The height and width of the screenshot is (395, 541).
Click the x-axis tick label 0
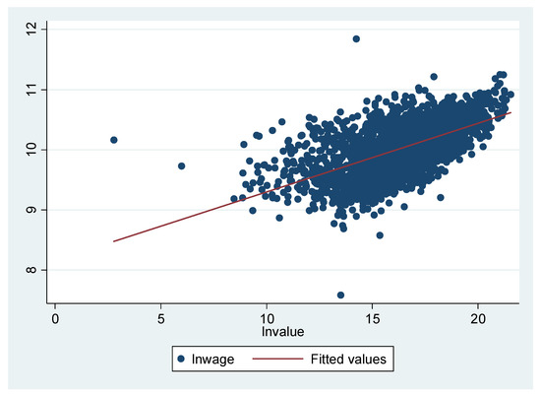[x=55, y=321]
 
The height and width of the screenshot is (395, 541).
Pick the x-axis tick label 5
[x=161, y=321]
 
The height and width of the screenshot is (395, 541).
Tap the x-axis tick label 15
[x=372, y=321]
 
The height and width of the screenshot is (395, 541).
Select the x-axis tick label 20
[x=478, y=321]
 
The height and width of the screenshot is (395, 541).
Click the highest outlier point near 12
[x=356, y=38]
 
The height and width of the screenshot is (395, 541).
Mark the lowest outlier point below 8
[x=340, y=295]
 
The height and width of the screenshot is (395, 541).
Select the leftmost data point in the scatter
[x=113, y=140]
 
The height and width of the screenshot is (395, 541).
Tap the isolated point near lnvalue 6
[x=181, y=165]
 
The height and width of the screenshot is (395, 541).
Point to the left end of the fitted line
[x=113, y=241]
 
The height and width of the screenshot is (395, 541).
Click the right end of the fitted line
[x=511, y=112]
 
